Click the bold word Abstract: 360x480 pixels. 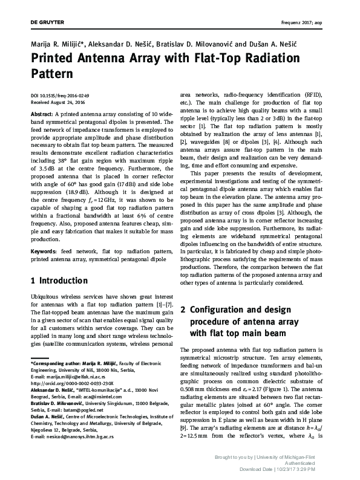[x=41, y=114]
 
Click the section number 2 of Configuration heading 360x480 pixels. [x=185, y=310]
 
